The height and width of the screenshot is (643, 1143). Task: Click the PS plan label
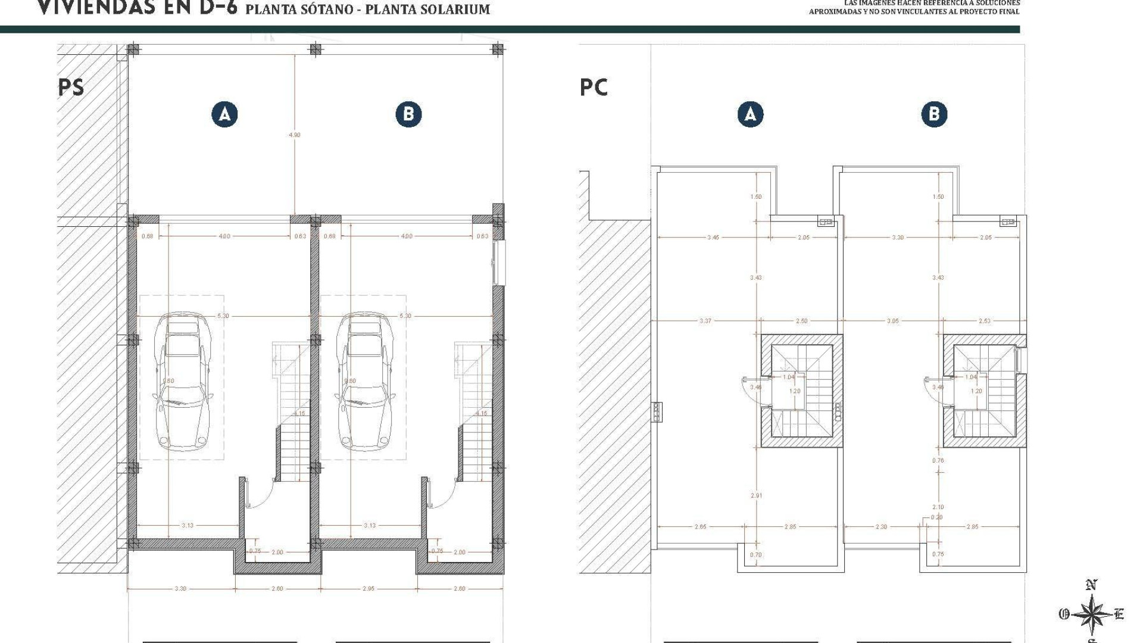(x=71, y=88)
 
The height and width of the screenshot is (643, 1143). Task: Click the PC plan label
(x=594, y=88)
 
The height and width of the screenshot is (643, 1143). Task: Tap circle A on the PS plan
(x=224, y=114)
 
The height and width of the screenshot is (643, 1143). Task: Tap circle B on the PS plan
(x=408, y=114)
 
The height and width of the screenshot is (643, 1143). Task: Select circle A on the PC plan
(x=750, y=114)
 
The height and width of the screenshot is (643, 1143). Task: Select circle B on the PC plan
(x=934, y=114)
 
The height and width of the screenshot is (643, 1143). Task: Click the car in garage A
(x=182, y=381)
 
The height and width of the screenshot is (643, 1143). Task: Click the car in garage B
(x=364, y=381)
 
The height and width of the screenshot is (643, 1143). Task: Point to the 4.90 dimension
(x=295, y=135)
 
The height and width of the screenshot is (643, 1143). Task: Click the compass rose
(x=1091, y=614)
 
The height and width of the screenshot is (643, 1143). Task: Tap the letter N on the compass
(x=1091, y=585)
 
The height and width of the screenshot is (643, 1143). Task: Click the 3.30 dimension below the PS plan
(x=180, y=589)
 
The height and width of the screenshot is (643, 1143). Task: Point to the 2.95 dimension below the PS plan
(x=368, y=589)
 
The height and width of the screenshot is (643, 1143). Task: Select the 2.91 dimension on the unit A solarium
(x=756, y=495)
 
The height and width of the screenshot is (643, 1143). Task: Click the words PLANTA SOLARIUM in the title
(x=427, y=10)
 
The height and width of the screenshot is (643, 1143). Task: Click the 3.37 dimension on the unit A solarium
(x=705, y=321)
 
